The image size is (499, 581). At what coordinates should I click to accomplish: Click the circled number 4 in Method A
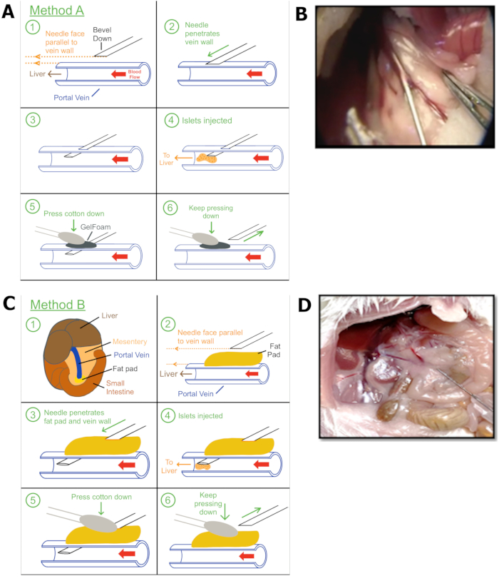(169, 121)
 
